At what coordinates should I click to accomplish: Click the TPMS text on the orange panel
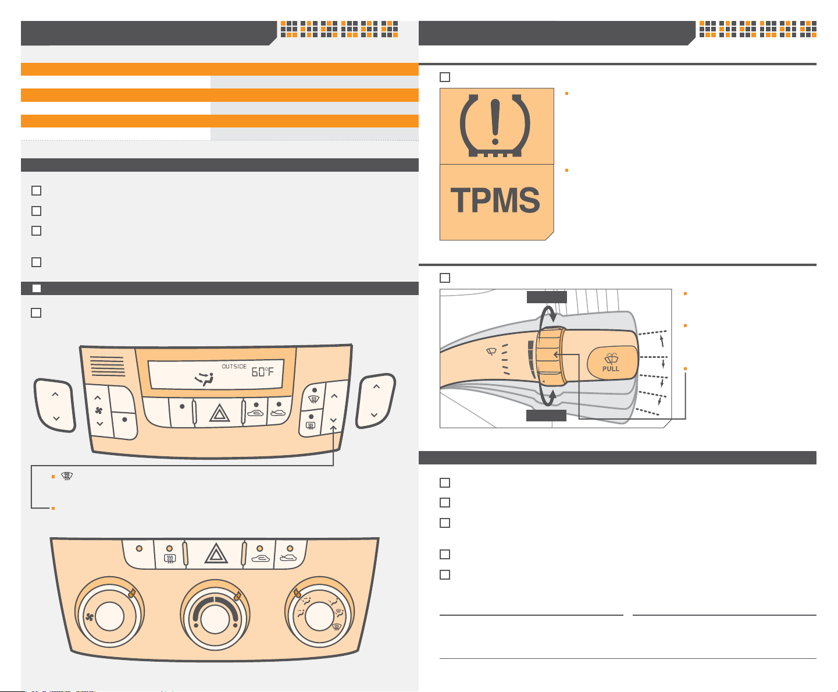(495, 200)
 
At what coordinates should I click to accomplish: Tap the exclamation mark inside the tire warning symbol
(495, 122)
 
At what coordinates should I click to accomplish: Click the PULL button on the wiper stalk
(611, 363)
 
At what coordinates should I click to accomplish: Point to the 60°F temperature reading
(263, 372)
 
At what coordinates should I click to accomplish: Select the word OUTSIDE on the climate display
(234, 366)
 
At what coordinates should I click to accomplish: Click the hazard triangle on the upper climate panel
(220, 413)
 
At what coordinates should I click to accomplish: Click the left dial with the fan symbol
(109, 613)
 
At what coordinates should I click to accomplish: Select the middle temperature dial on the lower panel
(215, 615)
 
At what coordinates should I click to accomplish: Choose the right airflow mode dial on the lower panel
(319, 613)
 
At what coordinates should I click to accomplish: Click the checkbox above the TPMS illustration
(445, 77)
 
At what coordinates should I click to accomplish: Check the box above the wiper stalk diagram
(445, 278)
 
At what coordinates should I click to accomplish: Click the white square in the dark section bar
(37, 288)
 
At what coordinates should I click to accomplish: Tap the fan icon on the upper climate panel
(99, 410)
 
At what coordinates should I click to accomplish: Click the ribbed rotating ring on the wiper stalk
(551, 357)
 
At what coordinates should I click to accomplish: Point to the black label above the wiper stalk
(547, 297)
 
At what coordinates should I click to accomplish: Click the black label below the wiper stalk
(546, 416)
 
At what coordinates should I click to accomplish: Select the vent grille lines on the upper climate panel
(108, 366)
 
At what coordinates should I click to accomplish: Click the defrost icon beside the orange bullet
(67, 476)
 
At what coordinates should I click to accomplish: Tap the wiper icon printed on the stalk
(491, 352)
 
